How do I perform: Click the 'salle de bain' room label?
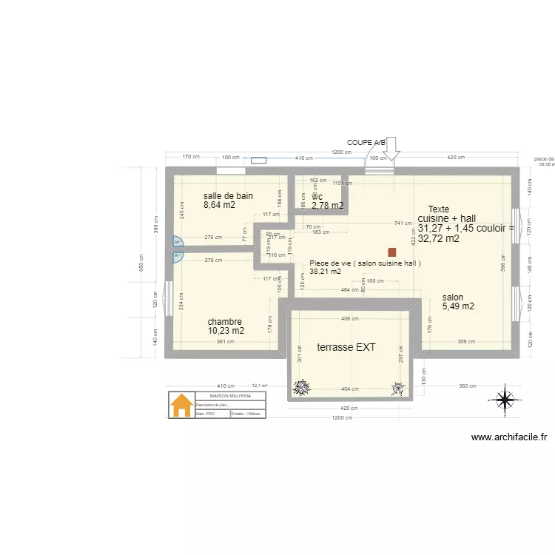[x=228, y=196]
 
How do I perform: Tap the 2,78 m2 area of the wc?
[x=327, y=206]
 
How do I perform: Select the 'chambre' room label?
[x=224, y=322]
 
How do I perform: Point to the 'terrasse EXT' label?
[x=346, y=347]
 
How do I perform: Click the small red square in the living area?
[x=391, y=252]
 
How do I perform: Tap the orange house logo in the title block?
[x=181, y=406]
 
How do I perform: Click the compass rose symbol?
[x=505, y=399]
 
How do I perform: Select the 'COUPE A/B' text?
[x=366, y=141]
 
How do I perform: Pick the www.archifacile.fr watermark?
[x=509, y=437]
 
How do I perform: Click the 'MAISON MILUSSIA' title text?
[x=230, y=396]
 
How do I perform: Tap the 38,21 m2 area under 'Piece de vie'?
[x=325, y=272]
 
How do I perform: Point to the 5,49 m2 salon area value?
[x=458, y=306]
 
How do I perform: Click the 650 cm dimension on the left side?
[x=141, y=263]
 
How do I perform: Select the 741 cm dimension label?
[x=403, y=223]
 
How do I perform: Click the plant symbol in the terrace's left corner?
[x=301, y=386]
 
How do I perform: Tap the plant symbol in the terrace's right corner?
[x=399, y=386]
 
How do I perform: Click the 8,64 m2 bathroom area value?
[x=219, y=206]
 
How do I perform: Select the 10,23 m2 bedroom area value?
[x=226, y=332]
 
